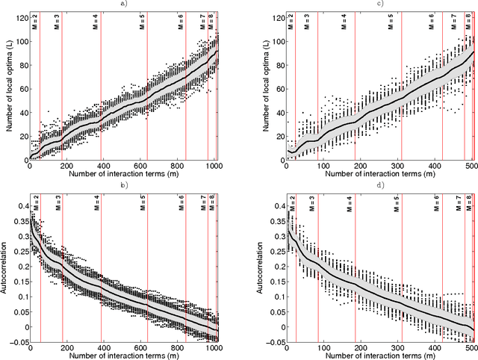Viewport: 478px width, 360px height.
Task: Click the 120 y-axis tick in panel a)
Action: point(21,15)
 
